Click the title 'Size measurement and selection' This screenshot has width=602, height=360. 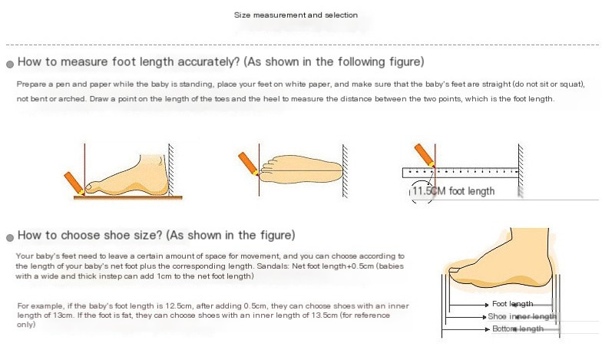[296, 15]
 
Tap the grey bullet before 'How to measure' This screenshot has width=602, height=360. [10, 64]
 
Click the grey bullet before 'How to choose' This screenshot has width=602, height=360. [10, 238]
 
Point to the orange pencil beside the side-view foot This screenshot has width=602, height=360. [74, 183]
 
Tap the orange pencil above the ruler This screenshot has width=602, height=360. [425, 155]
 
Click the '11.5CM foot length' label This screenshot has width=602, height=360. [453, 191]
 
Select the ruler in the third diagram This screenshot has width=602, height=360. [461, 173]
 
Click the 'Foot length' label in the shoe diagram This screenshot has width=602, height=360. [513, 304]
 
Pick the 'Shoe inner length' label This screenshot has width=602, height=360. [522, 316]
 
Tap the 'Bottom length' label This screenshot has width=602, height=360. [518, 329]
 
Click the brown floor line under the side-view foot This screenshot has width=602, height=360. [127, 198]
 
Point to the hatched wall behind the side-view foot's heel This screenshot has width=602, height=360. [170, 170]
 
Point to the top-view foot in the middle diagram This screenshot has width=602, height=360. [301, 169]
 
